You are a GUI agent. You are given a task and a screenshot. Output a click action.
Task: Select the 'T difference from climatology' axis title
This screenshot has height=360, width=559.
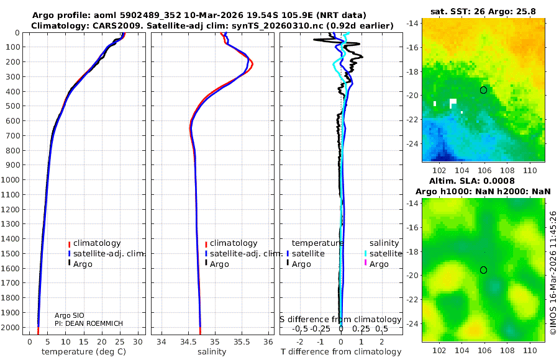click(x=340, y=352)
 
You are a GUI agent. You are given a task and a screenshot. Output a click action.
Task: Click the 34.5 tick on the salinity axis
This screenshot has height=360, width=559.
click(x=188, y=341)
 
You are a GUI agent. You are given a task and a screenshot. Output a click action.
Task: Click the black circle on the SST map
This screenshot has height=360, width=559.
click(x=484, y=90)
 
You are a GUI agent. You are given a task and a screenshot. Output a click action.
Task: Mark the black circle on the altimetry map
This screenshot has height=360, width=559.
click(x=484, y=269)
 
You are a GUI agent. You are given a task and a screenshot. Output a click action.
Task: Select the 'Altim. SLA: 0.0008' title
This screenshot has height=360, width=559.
click(x=484, y=179)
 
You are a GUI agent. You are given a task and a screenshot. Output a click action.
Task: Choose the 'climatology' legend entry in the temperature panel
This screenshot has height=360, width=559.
click(x=96, y=243)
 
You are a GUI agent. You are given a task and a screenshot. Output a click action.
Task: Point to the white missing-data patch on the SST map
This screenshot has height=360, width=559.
click(x=453, y=102)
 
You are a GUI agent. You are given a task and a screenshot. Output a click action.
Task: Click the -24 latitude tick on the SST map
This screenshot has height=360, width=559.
click(x=412, y=143)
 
